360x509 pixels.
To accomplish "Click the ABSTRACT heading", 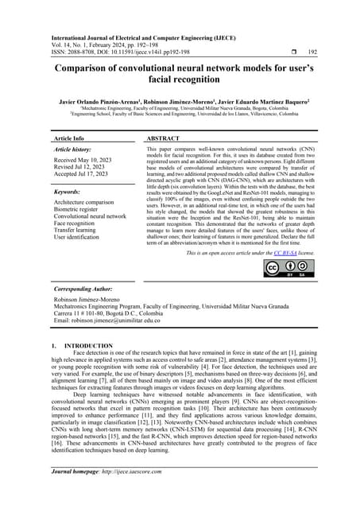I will point(163,138).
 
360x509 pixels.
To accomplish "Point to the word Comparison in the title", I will point(85,68).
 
